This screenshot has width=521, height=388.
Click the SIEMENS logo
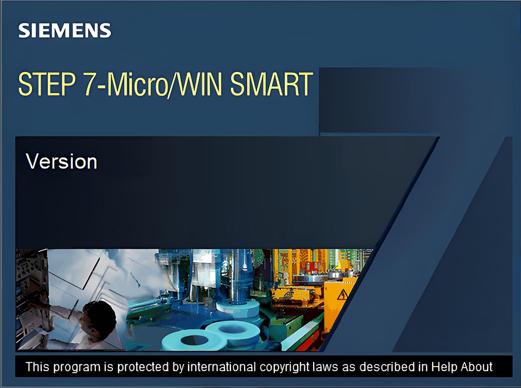click(65, 31)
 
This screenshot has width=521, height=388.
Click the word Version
click(61, 161)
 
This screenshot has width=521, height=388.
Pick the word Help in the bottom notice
click(444, 367)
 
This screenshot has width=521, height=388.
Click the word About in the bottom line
click(477, 367)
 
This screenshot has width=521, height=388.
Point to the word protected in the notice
click(140, 367)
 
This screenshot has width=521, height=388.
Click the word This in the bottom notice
click(37, 367)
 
